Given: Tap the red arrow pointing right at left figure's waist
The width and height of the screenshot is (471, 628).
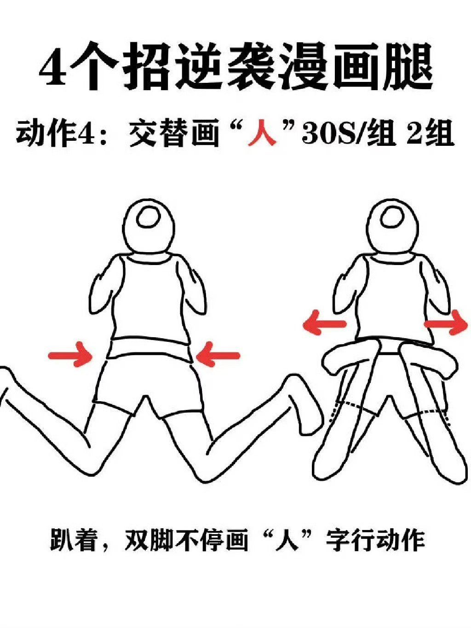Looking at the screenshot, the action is [71, 354].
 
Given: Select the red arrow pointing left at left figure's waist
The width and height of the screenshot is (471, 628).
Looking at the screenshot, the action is [218, 354].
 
